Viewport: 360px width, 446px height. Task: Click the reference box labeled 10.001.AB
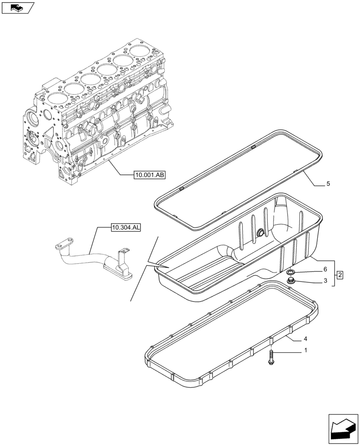pyautogui.click(x=149, y=175)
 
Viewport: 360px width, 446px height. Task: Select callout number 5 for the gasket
pyautogui.click(x=328, y=183)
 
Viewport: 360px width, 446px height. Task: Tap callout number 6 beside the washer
pyautogui.click(x=325, y=269)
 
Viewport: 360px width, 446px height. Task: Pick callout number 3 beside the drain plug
pyautogui.click(x=325, y=281)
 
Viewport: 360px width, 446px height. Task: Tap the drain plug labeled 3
pyautogui.click(x=292, y=281)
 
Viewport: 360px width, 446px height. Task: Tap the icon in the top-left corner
pyautogui.click(x=17, y=7)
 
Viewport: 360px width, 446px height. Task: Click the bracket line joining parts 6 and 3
pyautogui.click(x=334, y=273)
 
